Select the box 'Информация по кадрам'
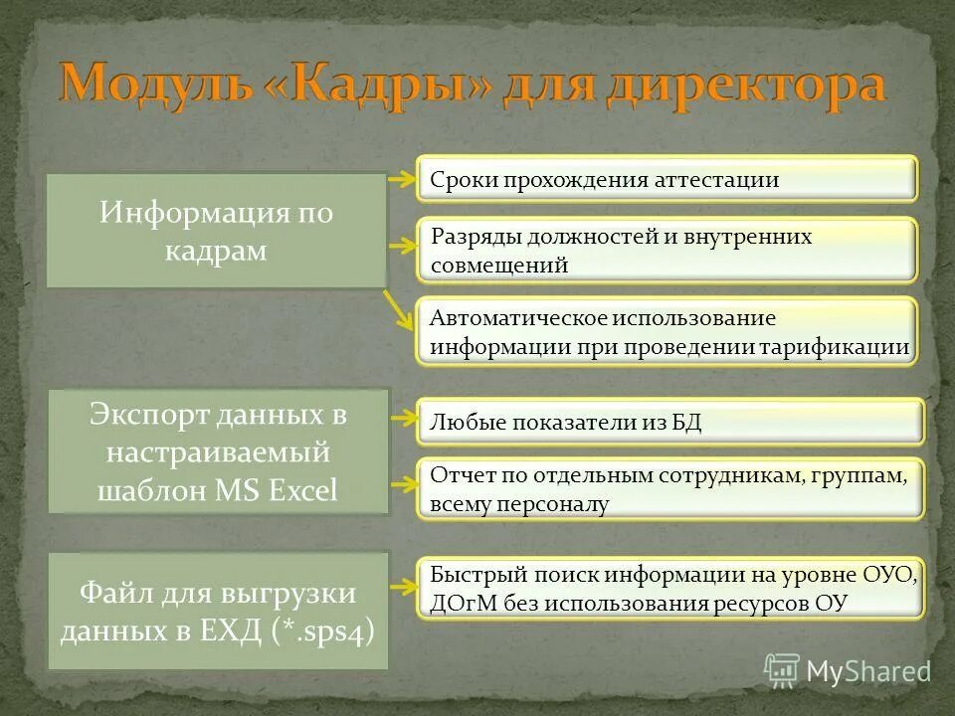pos(216,231)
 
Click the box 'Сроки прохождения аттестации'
pos(666,180)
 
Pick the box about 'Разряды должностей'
pos(666,250)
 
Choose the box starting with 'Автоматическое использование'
pos(666,332)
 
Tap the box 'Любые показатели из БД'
pos(668,422)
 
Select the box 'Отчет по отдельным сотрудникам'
pos(668,488)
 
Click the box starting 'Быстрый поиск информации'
pos(668,588)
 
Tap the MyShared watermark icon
pos(782,670)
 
